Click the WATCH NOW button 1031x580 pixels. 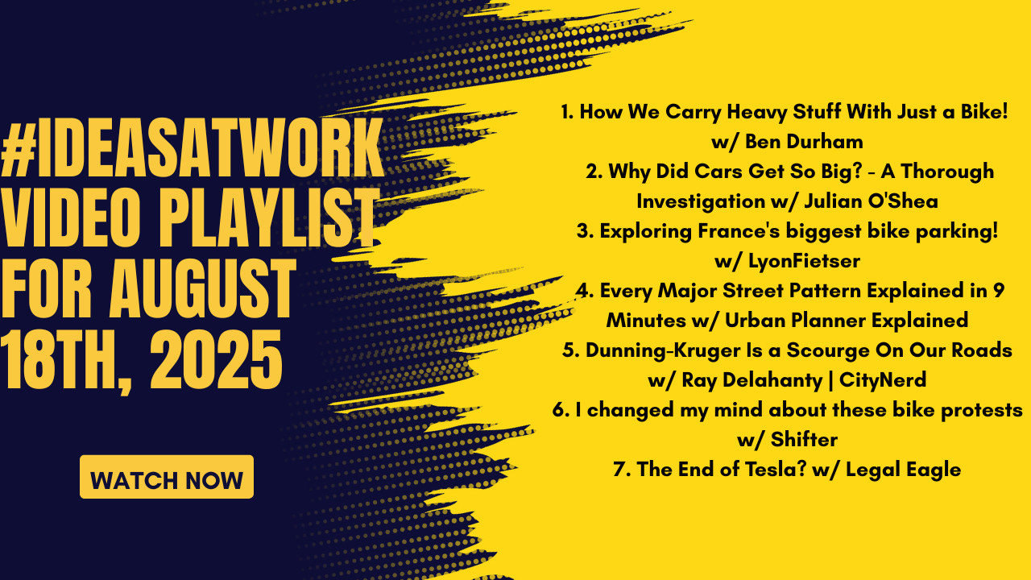tap(167, 477)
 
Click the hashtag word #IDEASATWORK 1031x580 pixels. tap(193, 148)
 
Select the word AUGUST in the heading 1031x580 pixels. tap(202, 288)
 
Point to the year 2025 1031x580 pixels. tap(216, 359)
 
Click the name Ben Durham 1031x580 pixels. tap(804, 142)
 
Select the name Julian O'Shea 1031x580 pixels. tap(871, 201)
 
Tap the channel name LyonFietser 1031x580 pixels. tap(804, 262)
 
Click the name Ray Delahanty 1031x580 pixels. tap(752, 380)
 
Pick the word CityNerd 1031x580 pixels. tap(882, 380)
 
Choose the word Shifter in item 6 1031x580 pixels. tap(804, 440)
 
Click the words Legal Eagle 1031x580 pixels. tap(903, 470)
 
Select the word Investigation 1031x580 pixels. tap(701, 202)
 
